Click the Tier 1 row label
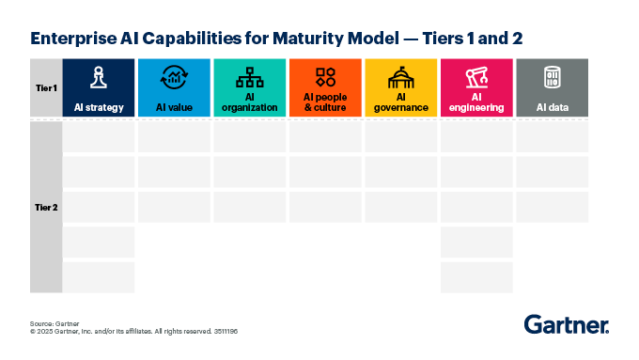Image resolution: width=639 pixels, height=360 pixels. click(x=45, y=87)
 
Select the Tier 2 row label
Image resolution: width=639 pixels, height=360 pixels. click(x=45, y=207)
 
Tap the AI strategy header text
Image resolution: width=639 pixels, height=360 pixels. click(x=99, y=108)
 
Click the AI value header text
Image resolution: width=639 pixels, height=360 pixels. click(x=174, y=108)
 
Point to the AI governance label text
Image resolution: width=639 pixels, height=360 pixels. click(x=401, y=102)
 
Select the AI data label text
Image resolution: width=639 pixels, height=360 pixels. click(x=553, y=108)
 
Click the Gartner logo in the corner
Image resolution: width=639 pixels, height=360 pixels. click(x=566, y=325)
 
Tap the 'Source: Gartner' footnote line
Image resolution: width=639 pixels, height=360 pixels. click(x=55, y=322)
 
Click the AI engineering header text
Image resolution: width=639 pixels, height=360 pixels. click(x=476, y=102)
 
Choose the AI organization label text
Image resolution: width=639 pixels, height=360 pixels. click(x=250, y=102)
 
